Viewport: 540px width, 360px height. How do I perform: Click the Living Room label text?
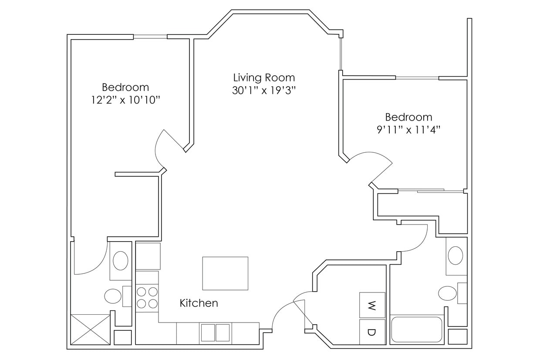(x=264, y=78)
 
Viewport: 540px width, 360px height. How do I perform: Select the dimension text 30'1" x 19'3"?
(x=264, y=91)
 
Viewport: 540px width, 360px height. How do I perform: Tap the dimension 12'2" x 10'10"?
(x=125, y=100)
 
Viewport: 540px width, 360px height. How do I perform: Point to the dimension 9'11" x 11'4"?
(x=408, y=130)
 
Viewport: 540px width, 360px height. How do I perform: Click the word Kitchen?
(x=199, y=303)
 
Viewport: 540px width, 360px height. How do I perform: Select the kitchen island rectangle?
(x=225, y=273)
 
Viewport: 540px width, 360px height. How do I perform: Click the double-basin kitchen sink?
(x=215, y=333)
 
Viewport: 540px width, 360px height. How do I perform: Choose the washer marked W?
(x=372, y=305)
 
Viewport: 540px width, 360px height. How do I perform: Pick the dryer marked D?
(x=372, y=332)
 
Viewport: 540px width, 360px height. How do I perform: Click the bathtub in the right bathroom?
(x=416, y=330)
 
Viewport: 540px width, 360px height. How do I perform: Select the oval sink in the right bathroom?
(x=456, y=256)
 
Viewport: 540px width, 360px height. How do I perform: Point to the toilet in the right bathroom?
(x=448, y=293)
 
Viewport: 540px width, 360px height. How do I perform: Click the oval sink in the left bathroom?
(x=120, y=261)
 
